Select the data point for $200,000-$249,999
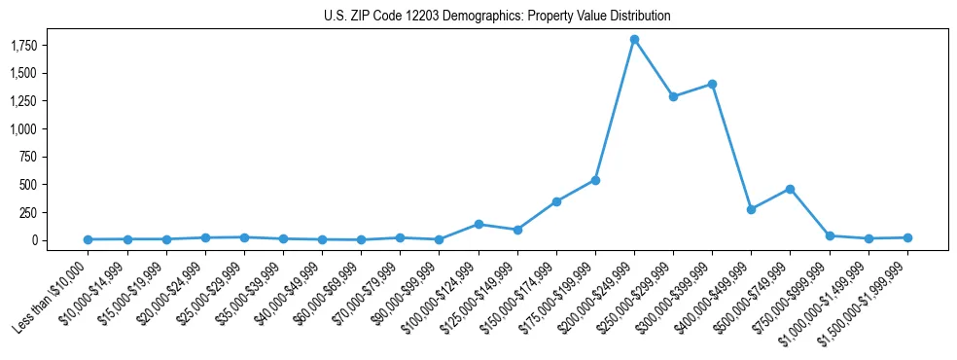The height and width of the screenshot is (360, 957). click(634, 40)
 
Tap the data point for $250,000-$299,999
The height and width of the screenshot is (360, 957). click(673, 96)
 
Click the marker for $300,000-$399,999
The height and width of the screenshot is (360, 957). click(712, 84)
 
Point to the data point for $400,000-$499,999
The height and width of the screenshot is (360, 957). click(751, 209)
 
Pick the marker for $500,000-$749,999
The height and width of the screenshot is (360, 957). click(790, 189)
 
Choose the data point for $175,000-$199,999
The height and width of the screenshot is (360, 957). click(595, 180)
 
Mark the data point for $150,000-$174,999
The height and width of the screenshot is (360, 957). click(556, 201)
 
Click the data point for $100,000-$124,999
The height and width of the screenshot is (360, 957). click(478, 224)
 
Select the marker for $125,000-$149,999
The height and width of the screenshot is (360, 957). click(517, 230)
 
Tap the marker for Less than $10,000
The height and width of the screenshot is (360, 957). click(89, 239)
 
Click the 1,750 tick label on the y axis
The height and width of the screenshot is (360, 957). click(49, 46)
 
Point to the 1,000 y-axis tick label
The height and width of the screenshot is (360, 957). click(49, 128)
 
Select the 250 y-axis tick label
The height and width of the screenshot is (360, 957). click(53, 212)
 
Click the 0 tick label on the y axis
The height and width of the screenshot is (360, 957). click(60, 240)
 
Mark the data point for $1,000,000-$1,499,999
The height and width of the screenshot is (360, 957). click(868, 238)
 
